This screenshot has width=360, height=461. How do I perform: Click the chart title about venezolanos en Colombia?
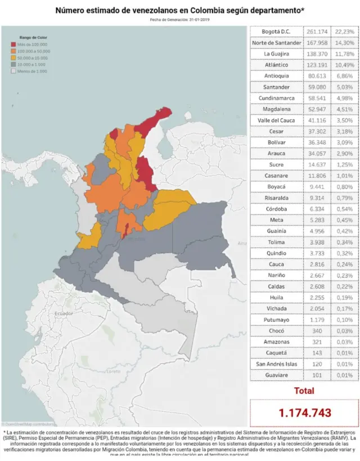(179, 10)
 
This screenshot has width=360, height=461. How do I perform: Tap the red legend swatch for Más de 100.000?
(13, 44)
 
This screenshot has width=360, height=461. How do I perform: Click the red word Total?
(304, 391)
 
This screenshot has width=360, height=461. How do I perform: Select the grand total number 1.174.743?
(304, 413)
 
